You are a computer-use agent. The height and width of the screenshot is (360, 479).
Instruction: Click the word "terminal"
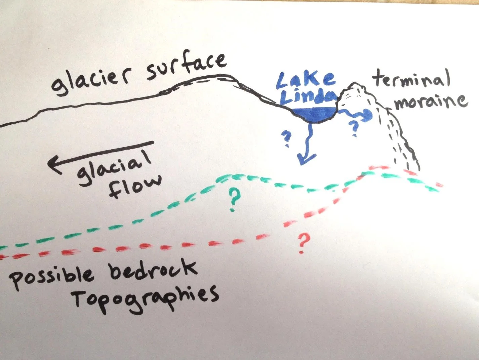[x=411, y=80]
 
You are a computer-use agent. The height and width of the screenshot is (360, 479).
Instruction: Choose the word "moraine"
[x=430, y=101]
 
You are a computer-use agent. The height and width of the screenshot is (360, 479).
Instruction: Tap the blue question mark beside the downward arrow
[x=287, y=139]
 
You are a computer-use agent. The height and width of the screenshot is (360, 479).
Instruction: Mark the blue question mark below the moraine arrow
[x=354, y=128]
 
